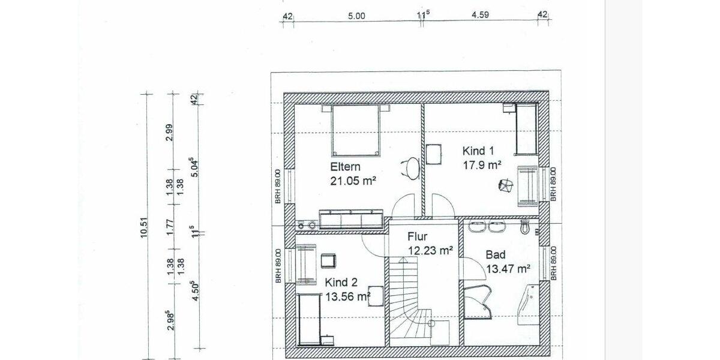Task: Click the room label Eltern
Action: pos(345,167)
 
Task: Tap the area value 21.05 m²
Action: pos(353,180)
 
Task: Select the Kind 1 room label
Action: pos(477,150)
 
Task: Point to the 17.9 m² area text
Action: pos(481,163)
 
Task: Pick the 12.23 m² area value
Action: pos(430,250)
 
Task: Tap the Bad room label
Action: pos(495,255)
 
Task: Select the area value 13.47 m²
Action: pos(508,268)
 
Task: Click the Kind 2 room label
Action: pos(341,283)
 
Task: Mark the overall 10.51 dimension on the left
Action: pos(145,228)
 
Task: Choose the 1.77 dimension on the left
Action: pos(170,228)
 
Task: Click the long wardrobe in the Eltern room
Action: pos(351,219)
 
